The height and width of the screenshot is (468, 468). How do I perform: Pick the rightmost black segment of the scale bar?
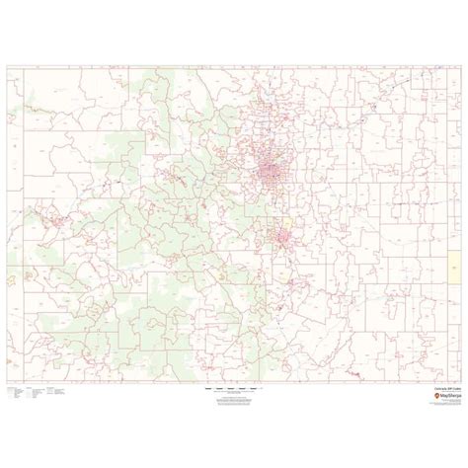point(253,390)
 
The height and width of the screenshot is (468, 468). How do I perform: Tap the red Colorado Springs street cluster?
point(286,237)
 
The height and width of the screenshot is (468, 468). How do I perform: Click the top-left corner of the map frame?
point(7,66)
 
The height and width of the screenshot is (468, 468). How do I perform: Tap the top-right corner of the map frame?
point(461,66)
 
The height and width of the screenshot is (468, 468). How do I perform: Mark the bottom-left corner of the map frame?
point(7,383)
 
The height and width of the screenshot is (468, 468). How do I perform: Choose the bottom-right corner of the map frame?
point(461,383)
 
